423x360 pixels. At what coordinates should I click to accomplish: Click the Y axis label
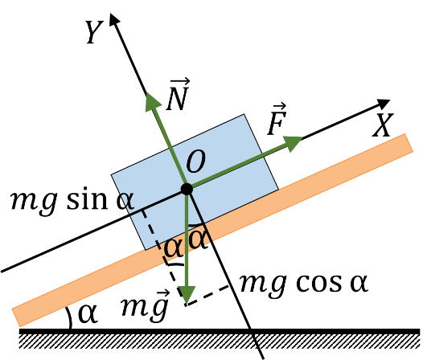click(94, 32)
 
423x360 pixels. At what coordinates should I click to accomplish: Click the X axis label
click(383, 125)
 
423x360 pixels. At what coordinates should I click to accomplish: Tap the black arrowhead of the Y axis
click(114, 18)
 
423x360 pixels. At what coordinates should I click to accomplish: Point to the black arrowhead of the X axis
click(384, 103)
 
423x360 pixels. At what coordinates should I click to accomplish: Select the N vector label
click(178, 95)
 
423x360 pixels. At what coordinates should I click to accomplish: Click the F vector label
click(277, 119)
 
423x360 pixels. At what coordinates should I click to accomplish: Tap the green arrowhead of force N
click(153, 102)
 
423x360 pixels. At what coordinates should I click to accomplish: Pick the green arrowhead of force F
click(293, 143)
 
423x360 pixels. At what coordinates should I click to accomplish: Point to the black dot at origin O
click(187, 189)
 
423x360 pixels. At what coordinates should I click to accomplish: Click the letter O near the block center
click(196, 162)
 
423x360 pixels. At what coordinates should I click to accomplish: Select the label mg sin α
click(72, 201)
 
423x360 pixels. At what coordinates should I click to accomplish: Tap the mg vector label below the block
click(145, 306)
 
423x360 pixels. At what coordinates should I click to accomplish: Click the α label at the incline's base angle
click(88, 313)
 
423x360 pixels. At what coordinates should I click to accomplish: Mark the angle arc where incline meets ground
click(69, 317)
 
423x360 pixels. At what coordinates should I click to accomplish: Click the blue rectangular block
click(195, 182)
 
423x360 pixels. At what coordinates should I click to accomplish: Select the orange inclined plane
click(212, 230)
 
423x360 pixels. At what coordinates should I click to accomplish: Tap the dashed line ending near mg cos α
click(207, 295)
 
